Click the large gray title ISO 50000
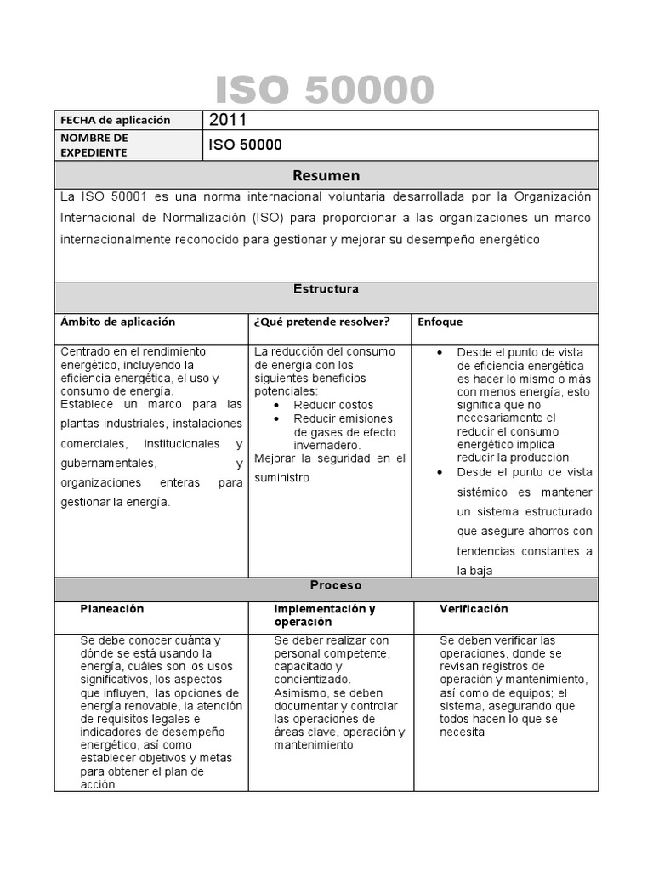(325, 90)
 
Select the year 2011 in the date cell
(228, 121)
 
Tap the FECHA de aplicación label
(115, 121)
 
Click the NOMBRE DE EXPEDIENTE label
(94, 145)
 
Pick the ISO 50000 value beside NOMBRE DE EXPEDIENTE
(245, 145)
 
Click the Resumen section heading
(326, 175)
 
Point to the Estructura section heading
(326, 289)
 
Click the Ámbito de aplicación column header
(117, 322)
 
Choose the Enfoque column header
(440, 322)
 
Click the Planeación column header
(112, 609)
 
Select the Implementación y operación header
(324, 615)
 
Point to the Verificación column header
(474, 609)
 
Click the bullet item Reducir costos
(333, 405)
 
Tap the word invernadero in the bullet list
(327, 445)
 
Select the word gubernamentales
(108, 463)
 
